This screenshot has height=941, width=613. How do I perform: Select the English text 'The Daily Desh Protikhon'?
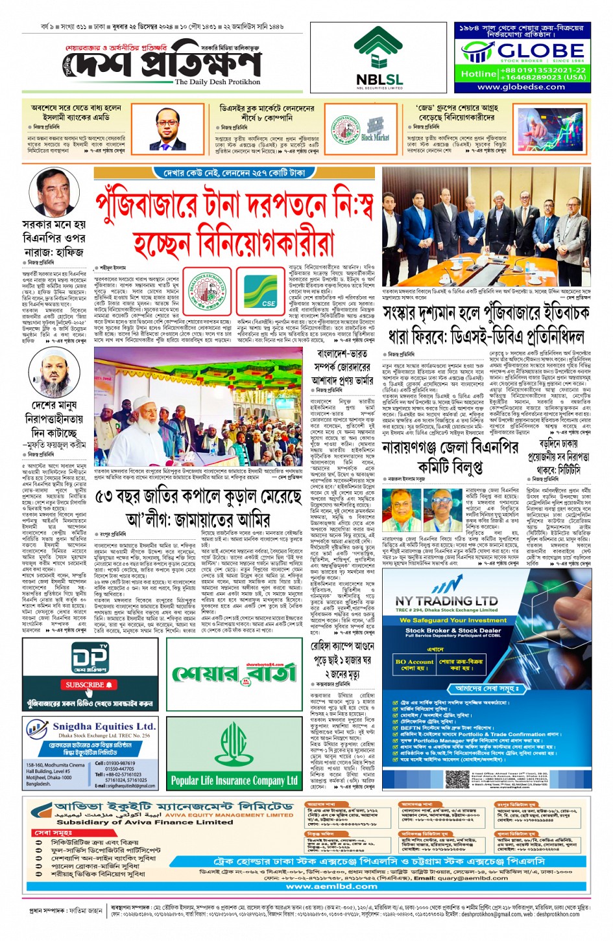click(x=217, y=82)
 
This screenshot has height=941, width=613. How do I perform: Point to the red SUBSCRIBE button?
click(x=90, y=684)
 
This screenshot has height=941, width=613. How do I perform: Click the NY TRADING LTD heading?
click(x=446, y=601)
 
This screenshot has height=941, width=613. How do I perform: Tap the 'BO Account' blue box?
click(x=414, y=664)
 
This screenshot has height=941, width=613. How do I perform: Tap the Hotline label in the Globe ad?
click(x=479, y=74)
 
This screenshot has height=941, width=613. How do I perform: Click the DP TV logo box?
click(x=90, y=657)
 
